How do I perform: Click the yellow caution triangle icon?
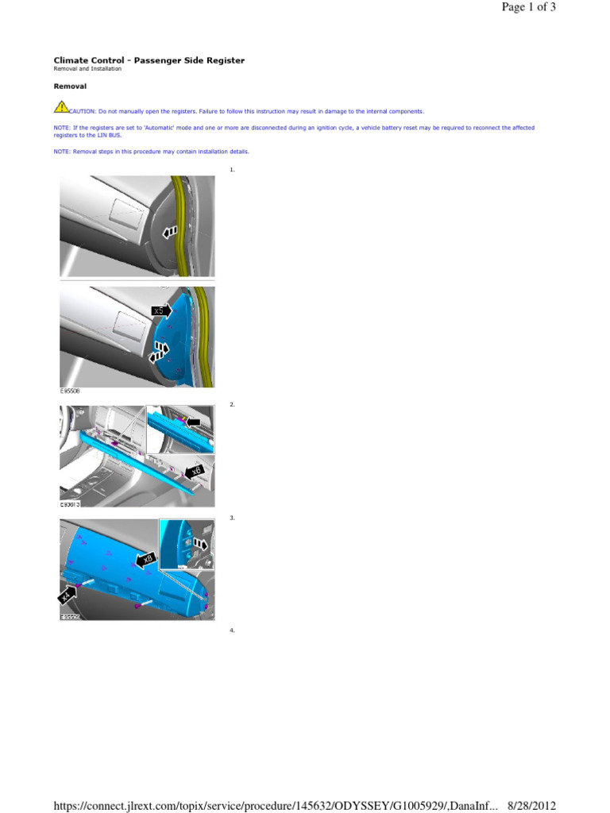[x=61, y=107]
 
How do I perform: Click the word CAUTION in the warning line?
[x=83, y=112]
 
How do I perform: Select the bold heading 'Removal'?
[x=70, y=86]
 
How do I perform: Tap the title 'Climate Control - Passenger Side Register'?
[x=149, y=60]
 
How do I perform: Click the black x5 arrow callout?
[x=161, y=310]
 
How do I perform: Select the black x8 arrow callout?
[x=145, y=561]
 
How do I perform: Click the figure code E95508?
[x=70, y=391]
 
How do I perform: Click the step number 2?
[x=232, y=405]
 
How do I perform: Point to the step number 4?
[x=232, y=630]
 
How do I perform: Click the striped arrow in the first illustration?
[x=168, y=232]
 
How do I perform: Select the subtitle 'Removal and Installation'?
[x=87, y=69]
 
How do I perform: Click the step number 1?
[x=232, y=170]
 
